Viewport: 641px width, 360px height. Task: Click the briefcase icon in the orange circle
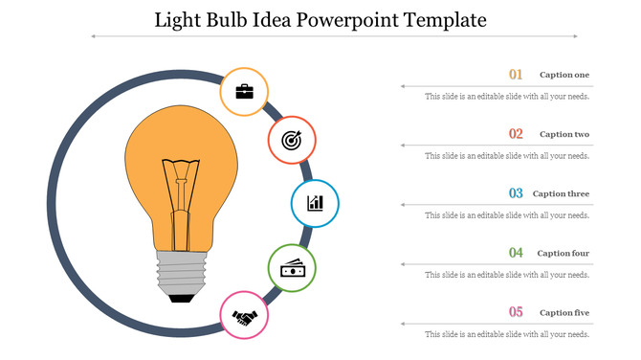(x=244, y=92)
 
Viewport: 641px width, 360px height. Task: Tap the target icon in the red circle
(x=291, y=141)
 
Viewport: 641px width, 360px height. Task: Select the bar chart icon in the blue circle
(x=315, y=203)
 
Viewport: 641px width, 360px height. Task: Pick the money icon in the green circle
(x=292, y=268)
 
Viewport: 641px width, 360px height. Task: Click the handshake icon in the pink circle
(x=245, y=315)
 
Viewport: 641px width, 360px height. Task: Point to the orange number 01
(x=516, y=75)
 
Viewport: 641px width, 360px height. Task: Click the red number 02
(x=516, y=134)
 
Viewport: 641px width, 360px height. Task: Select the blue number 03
(x=516, y=193)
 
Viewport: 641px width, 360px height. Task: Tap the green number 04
(x=516, y=253)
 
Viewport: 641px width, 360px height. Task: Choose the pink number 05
(x=516, y=312)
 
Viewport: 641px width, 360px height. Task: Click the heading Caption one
(x=564, y=75)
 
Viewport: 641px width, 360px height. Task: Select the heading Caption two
(x=564, y=134)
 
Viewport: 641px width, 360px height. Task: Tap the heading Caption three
(x=562, y=193)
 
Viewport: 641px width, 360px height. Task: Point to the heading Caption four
(x=564, y=253)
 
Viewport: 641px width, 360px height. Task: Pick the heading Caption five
(x=564, y=312)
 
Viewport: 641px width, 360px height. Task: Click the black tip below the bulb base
(x=180, y=299)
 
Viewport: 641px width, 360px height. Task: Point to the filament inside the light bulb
(x=180, y=191)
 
